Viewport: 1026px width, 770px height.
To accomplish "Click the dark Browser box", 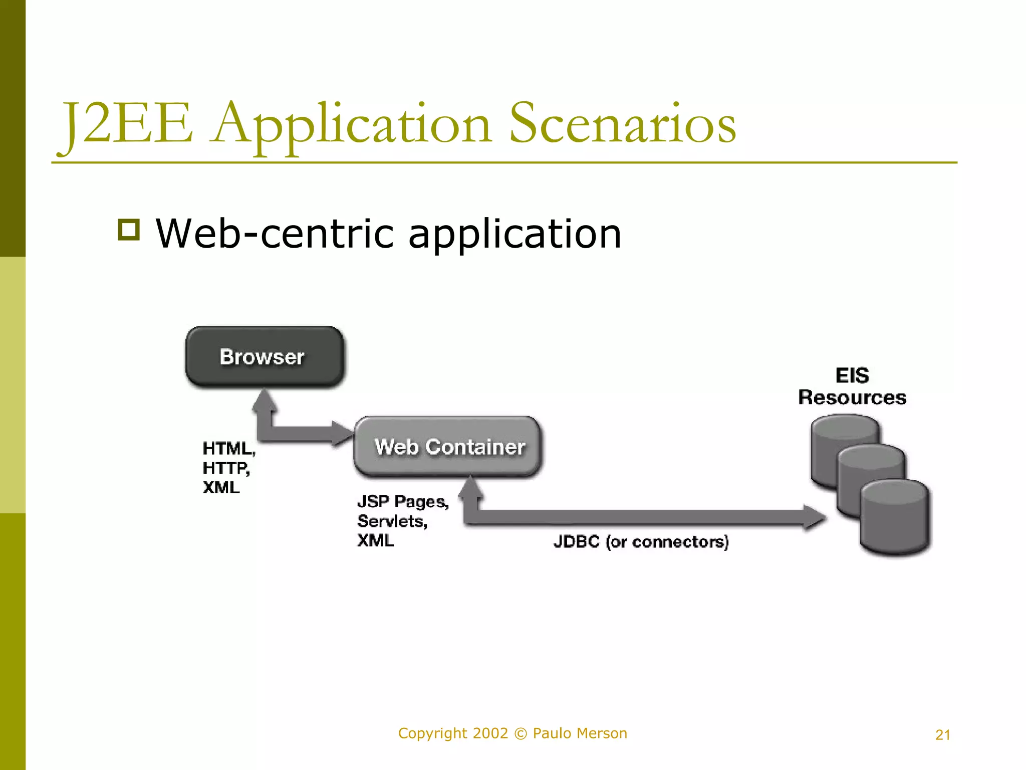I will click(264, 356).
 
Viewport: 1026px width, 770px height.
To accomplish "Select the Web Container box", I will click(448, 446).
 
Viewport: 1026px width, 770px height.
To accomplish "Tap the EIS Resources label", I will click(852, 386).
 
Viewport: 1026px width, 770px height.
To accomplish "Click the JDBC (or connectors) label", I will click(641, 541).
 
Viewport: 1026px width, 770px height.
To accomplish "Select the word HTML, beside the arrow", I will click(229, 448).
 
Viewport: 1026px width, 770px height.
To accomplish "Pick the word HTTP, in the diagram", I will click(226, 468).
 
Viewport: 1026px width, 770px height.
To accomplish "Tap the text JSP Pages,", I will click(403, 501).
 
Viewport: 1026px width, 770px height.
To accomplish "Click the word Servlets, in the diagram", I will click(392, 521).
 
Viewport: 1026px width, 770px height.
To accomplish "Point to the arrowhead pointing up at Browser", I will click(265, 400).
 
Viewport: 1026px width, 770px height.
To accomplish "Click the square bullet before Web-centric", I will click(129, 230).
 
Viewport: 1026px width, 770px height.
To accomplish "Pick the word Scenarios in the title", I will click(622, 124).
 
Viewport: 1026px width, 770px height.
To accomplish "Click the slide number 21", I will click(942, 735).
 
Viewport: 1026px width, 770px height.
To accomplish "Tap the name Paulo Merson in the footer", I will click(580, 733).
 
